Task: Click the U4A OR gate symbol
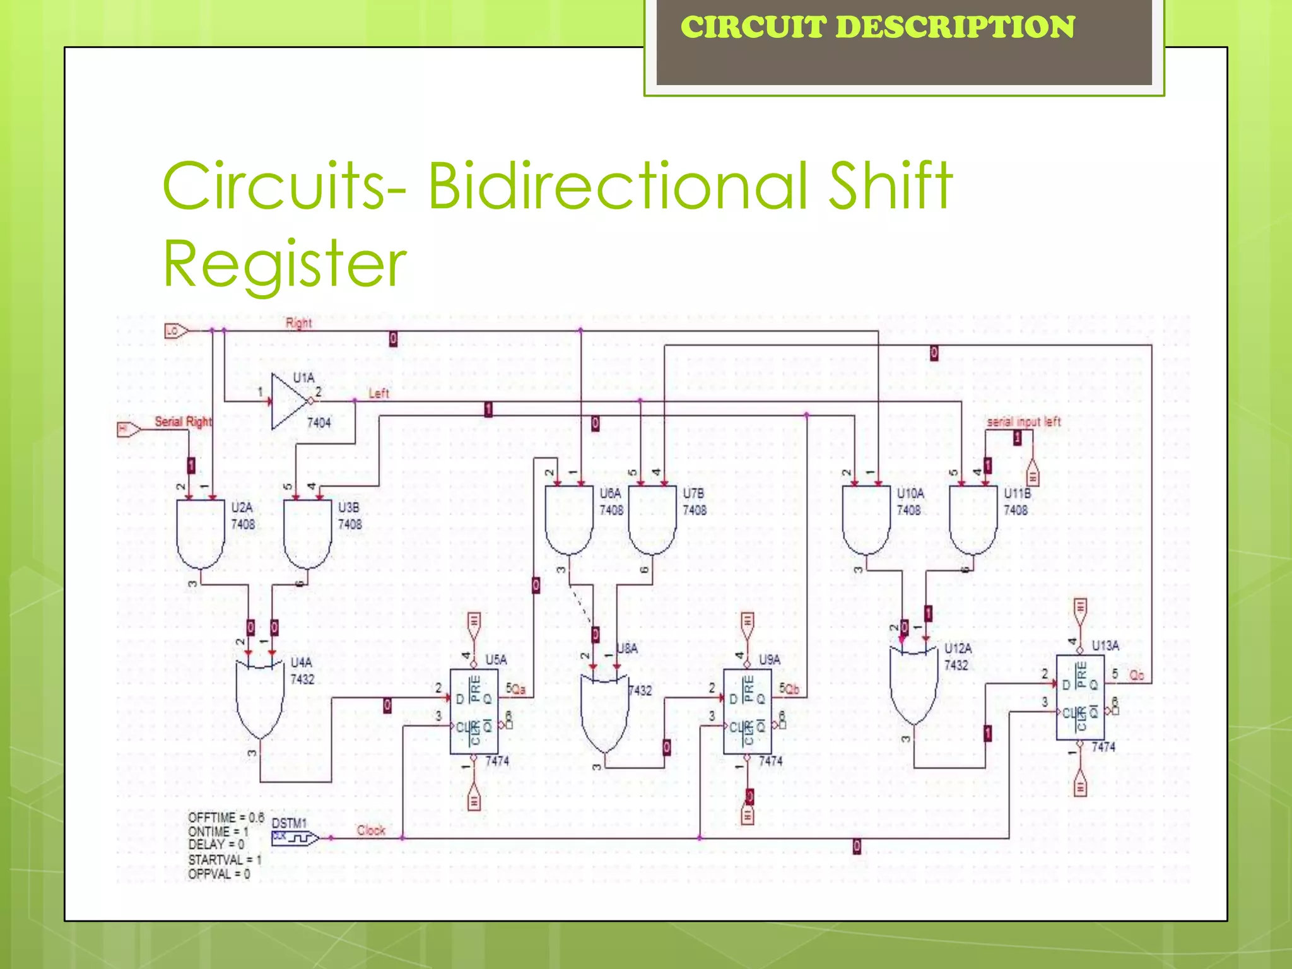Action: tap(259, 697)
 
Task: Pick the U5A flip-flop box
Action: tap(474, 712)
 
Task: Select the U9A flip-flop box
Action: tap(747, 712)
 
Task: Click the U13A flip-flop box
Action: tap(1080, 697)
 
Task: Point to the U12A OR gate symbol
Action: tap(913, 684)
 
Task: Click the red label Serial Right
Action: tap(183, 421)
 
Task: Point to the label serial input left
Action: tap(1023, 421)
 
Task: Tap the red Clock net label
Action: tap(370, 830)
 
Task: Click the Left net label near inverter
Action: tap(379, 393)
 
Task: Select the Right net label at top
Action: tap(298, 323)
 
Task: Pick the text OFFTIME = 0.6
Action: tap(226, 818)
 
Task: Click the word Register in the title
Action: tap(285, 263)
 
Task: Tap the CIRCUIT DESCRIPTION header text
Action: tap(877, 27)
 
